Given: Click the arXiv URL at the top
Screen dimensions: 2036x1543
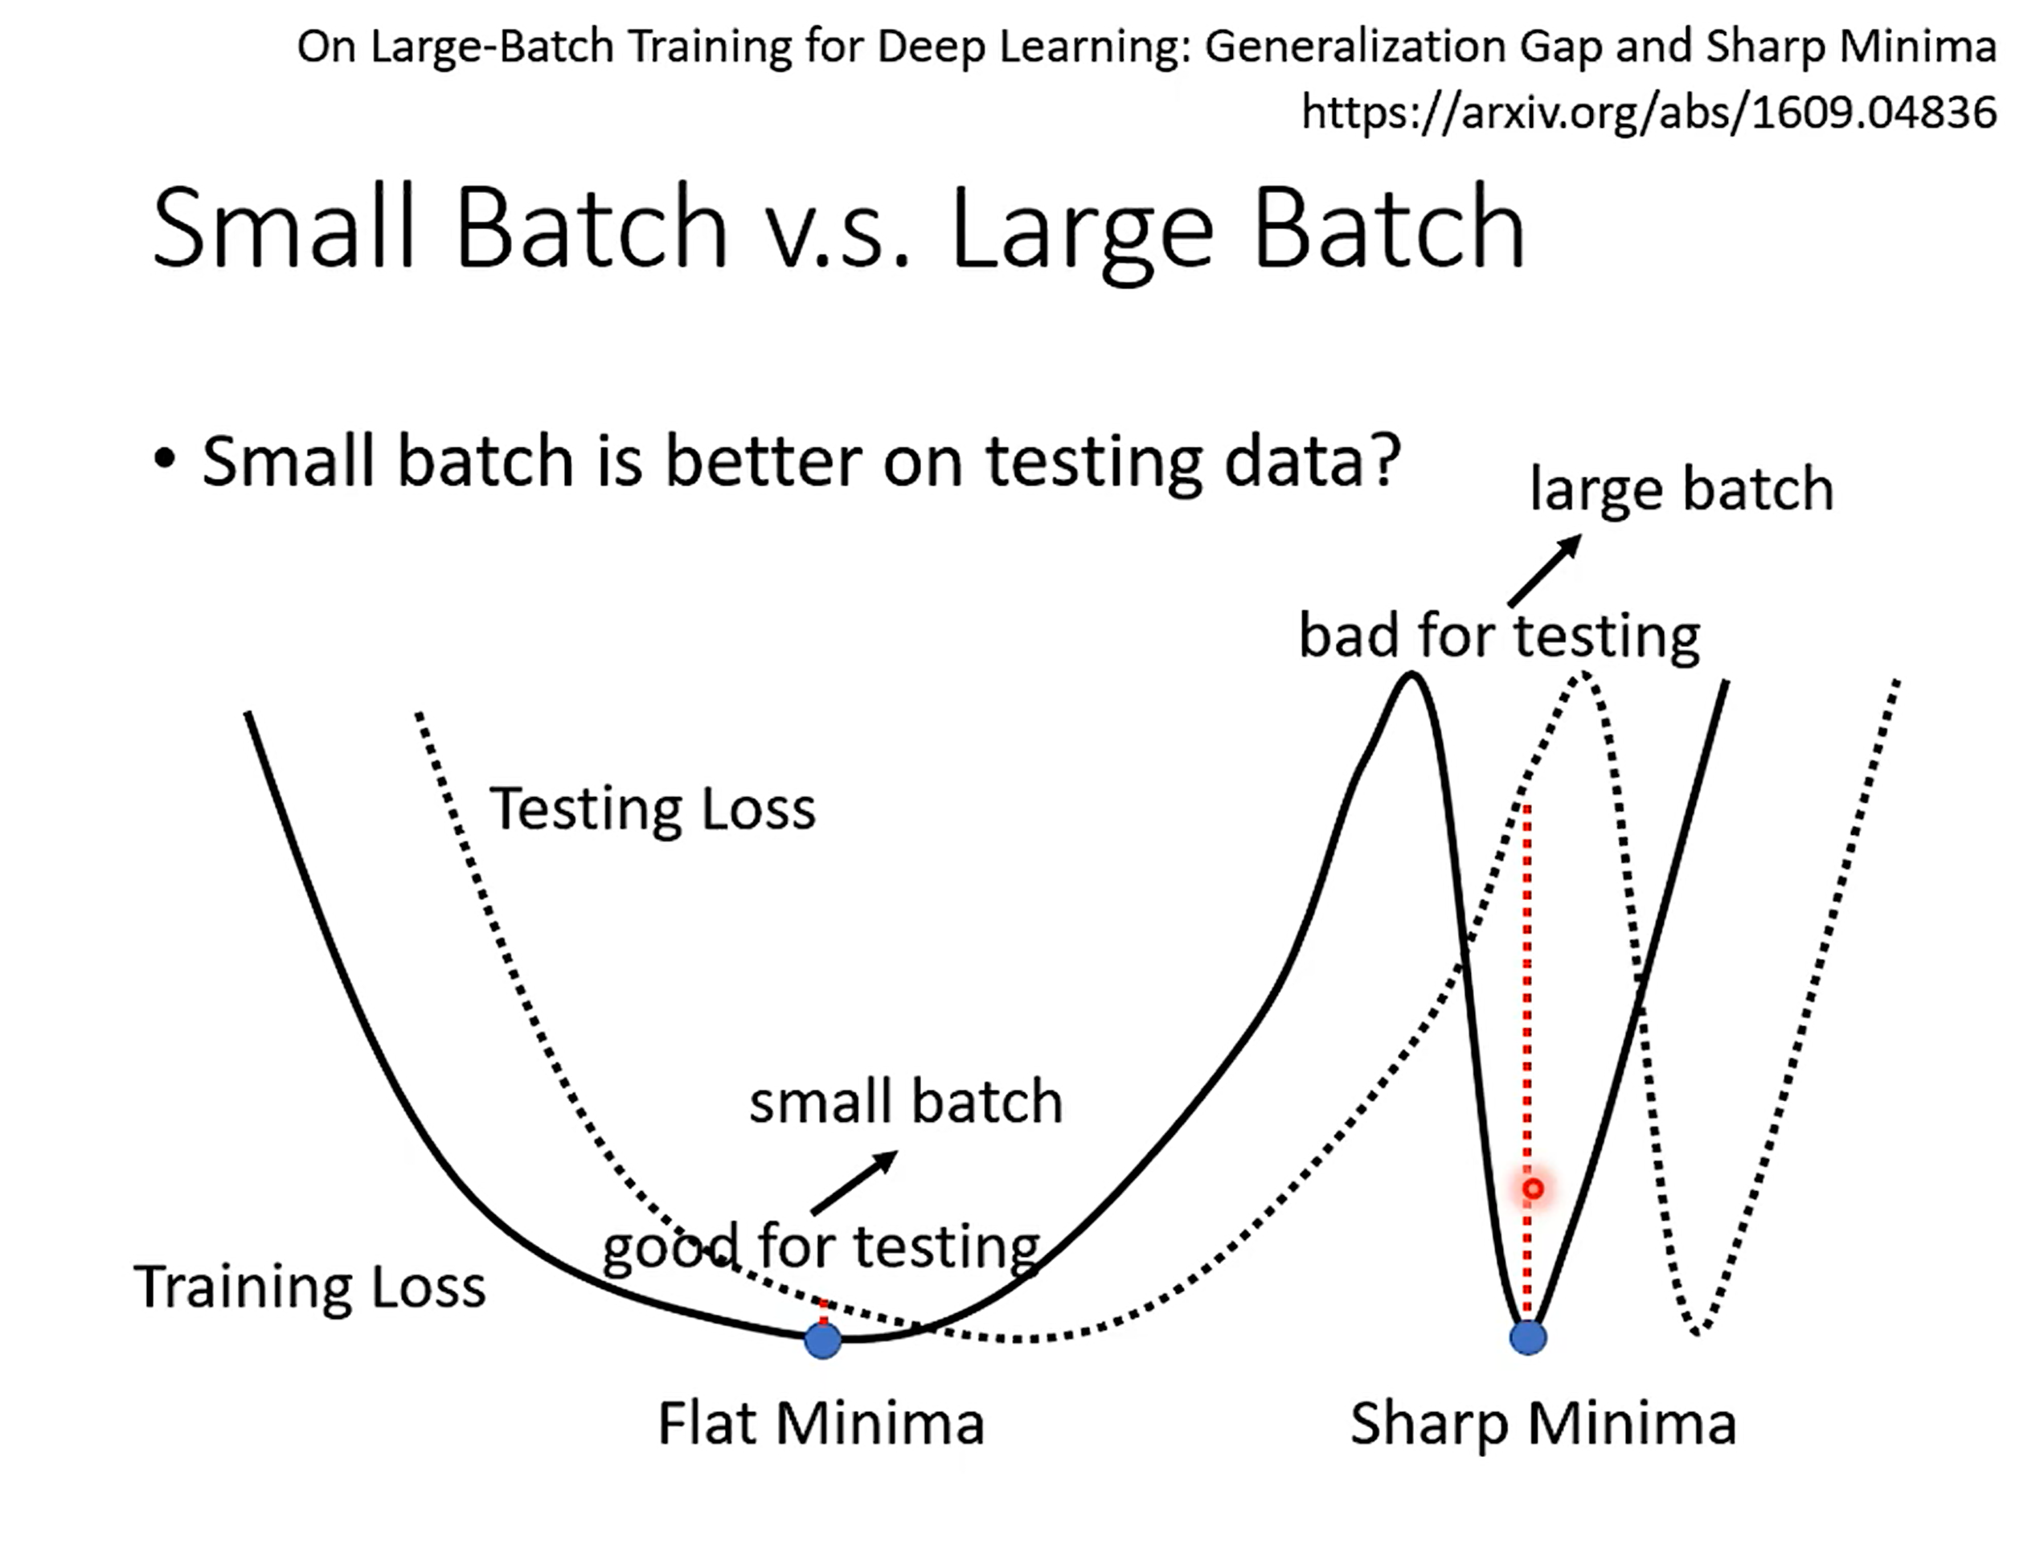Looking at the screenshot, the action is [x=1649, y=113].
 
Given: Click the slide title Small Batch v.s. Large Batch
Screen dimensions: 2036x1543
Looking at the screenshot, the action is [x=838, y=227].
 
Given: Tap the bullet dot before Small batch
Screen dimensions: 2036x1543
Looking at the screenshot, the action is [x=165, y=458].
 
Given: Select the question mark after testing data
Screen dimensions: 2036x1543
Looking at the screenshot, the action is [x=1383, y=458].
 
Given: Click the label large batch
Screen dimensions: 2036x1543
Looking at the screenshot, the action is [x=1682, y=489].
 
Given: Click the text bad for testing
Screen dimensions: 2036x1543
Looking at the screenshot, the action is [x=1499, y=636].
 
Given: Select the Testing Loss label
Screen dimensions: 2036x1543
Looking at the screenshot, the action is [x=653, y=808].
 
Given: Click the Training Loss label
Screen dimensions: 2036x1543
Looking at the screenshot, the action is [x=310, y=1287].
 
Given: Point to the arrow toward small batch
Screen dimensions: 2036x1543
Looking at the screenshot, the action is [x=854, y=1182].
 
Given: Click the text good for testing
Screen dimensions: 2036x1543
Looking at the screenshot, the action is [x=821, y=1247].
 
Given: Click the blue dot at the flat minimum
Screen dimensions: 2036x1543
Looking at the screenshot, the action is [x=823, y=1340].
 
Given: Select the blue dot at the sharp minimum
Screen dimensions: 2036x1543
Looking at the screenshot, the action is [x=1528, y=1338].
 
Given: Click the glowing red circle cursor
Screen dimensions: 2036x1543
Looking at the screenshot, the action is [x=1533, y=1189].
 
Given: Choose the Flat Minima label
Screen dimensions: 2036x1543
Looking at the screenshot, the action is [x=821, y=1423].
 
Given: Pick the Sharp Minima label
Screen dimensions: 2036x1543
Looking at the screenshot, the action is [x=1542, y=1424].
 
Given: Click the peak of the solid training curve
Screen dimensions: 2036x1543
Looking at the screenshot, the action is [x=1411, y=677].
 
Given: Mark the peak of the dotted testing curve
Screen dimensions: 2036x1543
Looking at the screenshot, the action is [x=1583, y=677].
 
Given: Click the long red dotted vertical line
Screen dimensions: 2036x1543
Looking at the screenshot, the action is [x=1527, y=1058].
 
